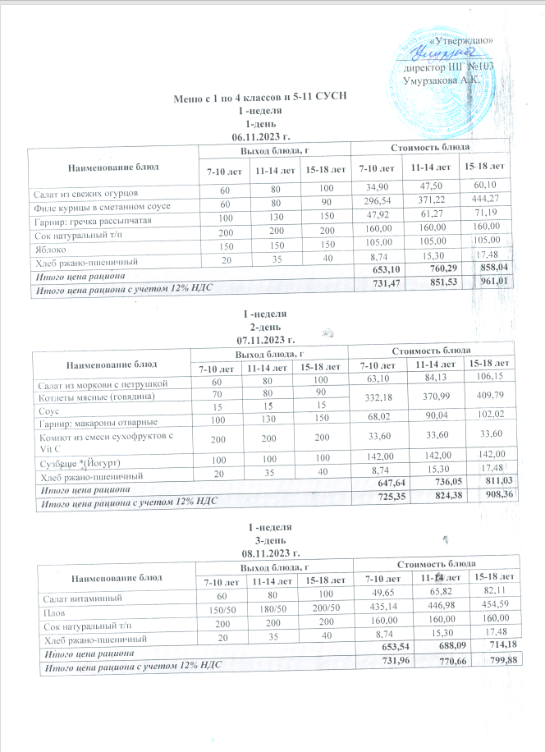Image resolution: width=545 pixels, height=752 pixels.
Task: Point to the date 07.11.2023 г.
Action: [x=263, y=338]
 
